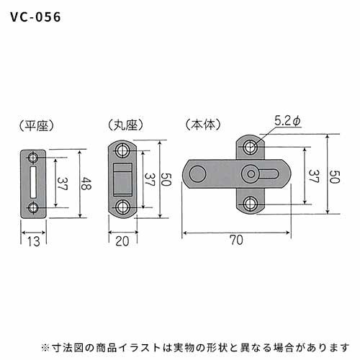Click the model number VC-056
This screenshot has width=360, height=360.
tap(35, 17)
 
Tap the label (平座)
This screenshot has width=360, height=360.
tap(37, 125)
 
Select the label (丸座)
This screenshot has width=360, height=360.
tap(125, 125)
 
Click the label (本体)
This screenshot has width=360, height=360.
tap(203, 125)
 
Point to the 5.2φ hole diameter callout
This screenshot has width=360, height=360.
tap(287, 122)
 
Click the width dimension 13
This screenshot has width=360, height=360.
tap(33, 241)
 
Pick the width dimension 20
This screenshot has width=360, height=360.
tap(122, 241)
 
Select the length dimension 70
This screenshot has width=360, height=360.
tap(236, 240)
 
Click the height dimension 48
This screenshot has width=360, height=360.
tap(86, 184)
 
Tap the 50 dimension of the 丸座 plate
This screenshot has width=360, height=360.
tap(166, 179)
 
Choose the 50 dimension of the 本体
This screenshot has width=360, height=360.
tap(335, 177)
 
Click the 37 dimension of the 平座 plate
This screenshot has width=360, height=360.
tap(62, 184)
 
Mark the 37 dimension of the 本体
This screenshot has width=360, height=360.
tap(314, 176)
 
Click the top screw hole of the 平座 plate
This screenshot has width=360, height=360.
tap(33, 158)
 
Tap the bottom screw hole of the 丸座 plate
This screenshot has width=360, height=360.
tap(123, 207)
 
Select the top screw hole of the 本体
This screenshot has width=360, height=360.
tap(251, 146)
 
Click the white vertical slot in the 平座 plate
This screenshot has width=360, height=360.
tap(33, 182)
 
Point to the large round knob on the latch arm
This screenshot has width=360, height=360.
tap(198, 174)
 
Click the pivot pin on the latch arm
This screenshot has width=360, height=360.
tap(251, 174)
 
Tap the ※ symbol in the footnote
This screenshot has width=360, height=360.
tap(45, 348)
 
